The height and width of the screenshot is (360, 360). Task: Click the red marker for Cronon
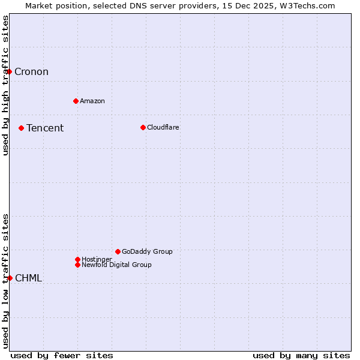9,72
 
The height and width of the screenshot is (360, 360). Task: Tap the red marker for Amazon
76,101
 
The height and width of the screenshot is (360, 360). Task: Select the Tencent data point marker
21,128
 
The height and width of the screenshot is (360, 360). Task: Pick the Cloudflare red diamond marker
143,127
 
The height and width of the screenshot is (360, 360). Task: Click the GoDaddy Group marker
118,251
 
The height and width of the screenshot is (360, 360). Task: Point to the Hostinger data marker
77,259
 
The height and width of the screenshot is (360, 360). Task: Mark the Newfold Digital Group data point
77,265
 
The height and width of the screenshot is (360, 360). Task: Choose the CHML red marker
10,278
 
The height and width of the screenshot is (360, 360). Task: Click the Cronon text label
31,72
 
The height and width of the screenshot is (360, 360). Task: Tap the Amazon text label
92,101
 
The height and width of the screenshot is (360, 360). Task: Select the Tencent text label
45,128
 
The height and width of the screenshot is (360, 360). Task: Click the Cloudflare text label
163,127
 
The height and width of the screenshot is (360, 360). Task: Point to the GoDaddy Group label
147,251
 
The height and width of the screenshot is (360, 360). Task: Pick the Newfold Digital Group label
116,265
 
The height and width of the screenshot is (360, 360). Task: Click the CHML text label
28,278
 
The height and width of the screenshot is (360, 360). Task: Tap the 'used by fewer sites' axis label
62,355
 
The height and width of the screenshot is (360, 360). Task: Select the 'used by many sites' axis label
301,355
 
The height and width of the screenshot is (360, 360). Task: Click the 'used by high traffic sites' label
5,85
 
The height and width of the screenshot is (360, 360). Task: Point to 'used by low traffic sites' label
5,281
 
